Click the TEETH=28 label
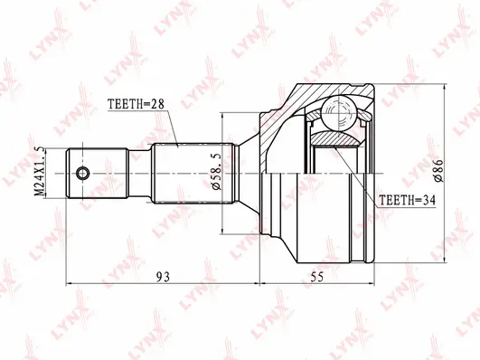136,106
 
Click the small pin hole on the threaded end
82,174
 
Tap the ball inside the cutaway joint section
338,114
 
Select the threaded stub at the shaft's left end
90,174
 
